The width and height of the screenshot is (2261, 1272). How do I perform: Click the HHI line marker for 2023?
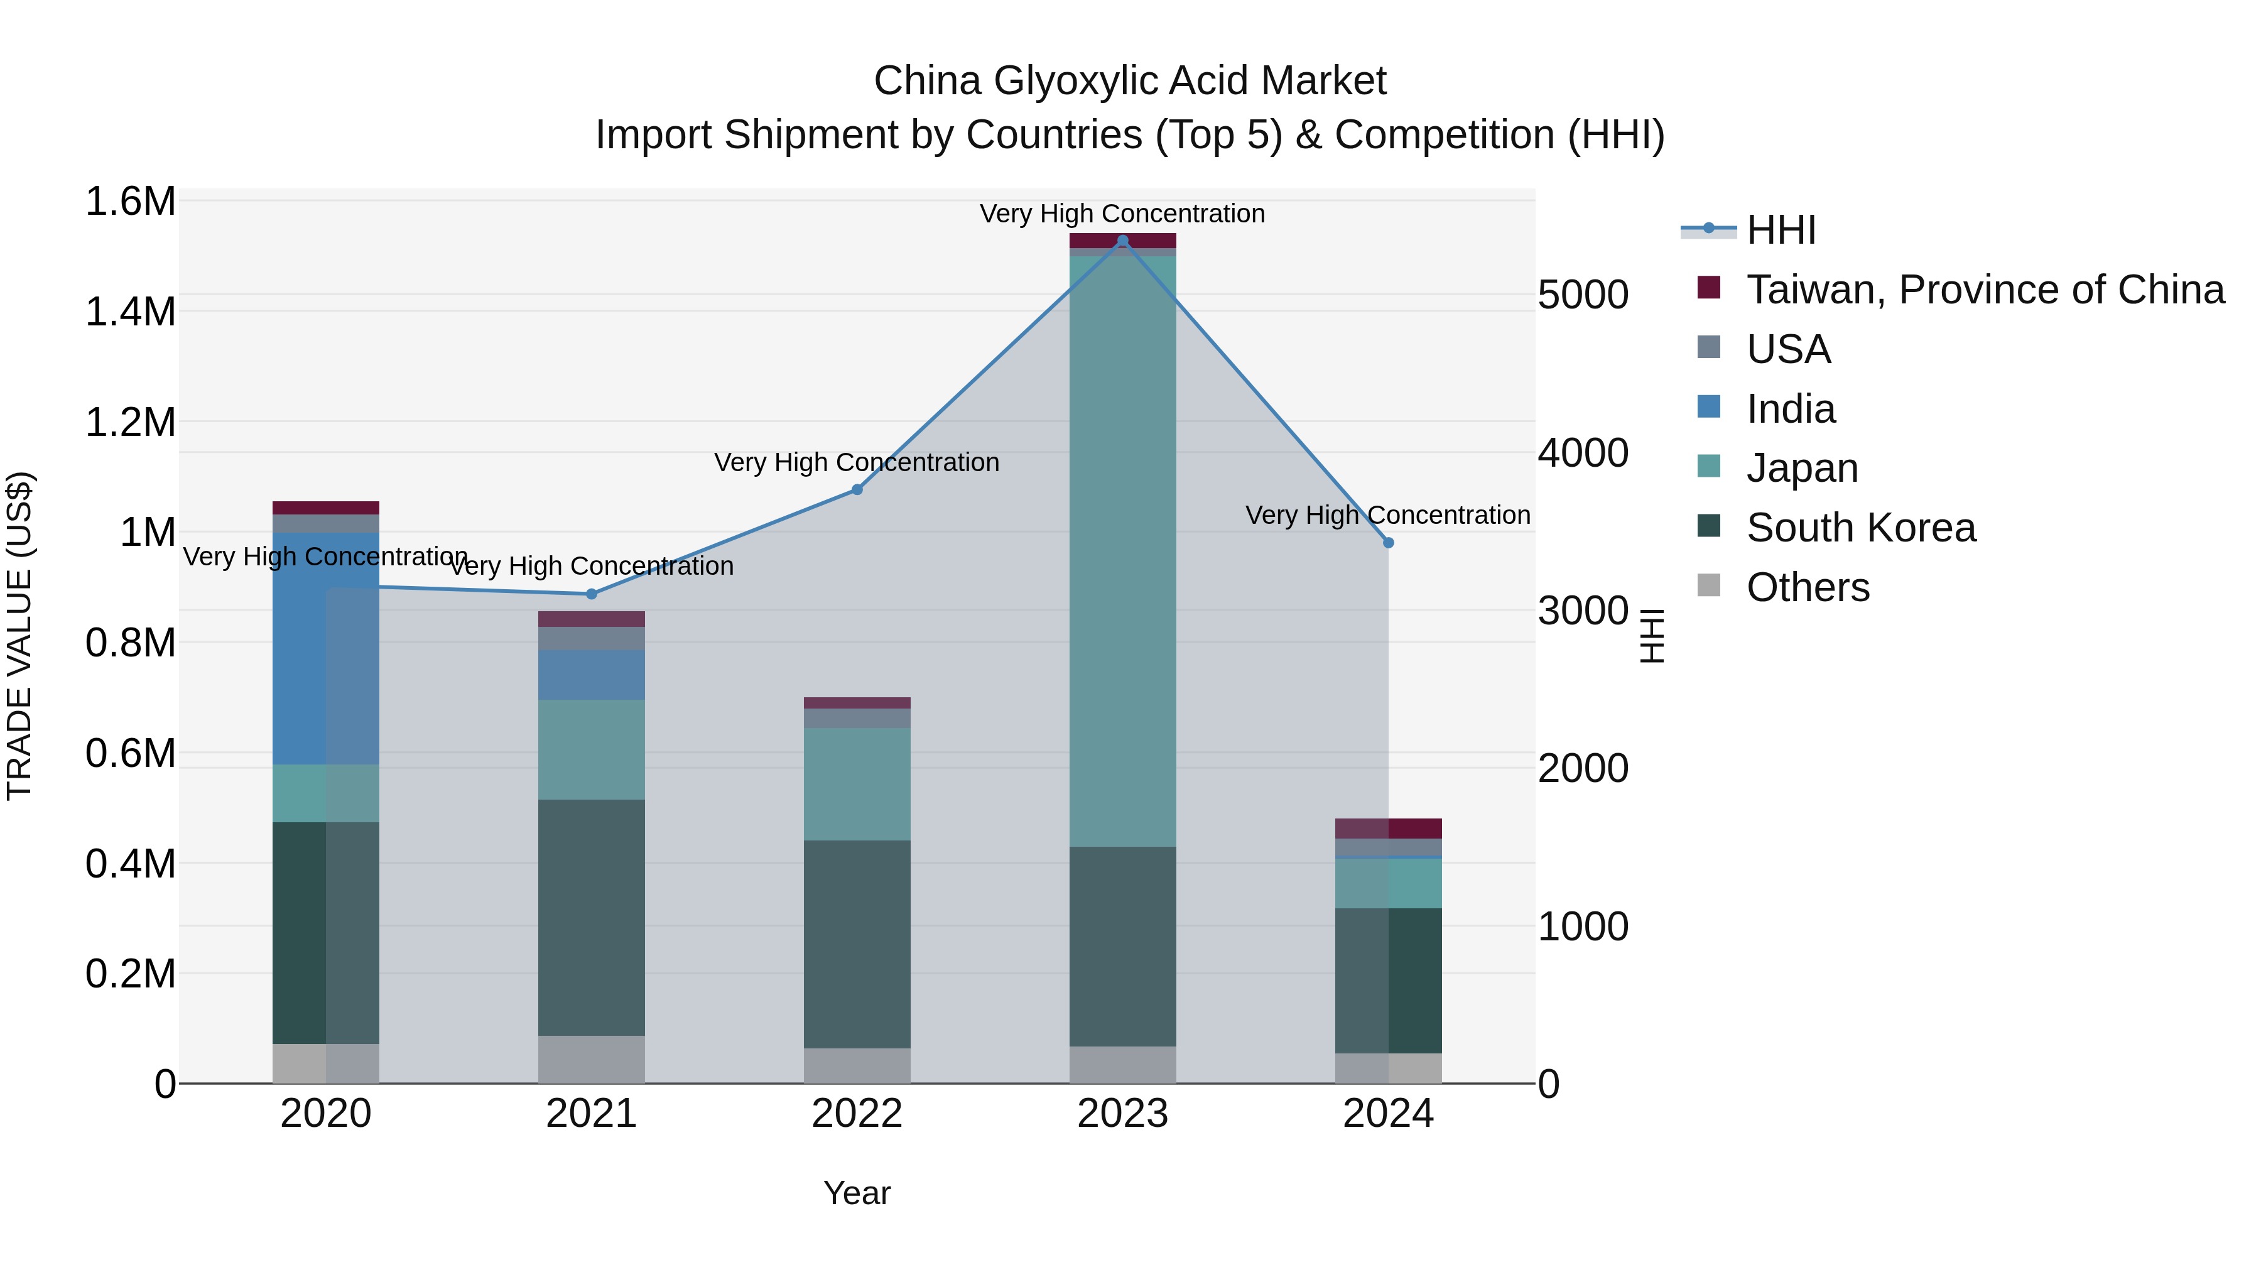(x=1122, y=241)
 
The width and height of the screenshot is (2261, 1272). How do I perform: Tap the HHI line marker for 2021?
(x=592, y=594)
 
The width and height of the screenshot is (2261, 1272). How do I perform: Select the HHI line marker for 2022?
(x=857, y=490)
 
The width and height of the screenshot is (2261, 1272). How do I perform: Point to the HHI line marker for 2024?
(x=1389, y=543)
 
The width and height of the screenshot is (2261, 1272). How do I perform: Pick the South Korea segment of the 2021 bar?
(x=592, y=917)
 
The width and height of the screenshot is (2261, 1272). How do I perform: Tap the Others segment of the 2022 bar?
(x=857, y=1066)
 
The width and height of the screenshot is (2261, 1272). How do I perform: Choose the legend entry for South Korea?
(x=1861, y=528)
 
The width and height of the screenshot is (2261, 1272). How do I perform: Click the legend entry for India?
(x=1791, y=409)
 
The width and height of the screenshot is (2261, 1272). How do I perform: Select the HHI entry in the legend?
(x=1781, y=230)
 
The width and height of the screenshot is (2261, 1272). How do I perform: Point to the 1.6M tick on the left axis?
(x=130, y=202)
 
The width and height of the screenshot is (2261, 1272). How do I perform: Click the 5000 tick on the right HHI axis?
(x=1583, y=295)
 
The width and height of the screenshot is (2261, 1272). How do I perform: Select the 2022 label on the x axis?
(x=857, y=1114)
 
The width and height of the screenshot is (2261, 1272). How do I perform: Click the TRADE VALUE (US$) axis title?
(x=20, y=636)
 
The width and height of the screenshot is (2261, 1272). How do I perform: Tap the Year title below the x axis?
(x=857, y=1193)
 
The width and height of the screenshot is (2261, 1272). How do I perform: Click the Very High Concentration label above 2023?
(x=1122, y=214)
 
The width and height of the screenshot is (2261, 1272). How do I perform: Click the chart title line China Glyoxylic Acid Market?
(x=1130, y=81)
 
